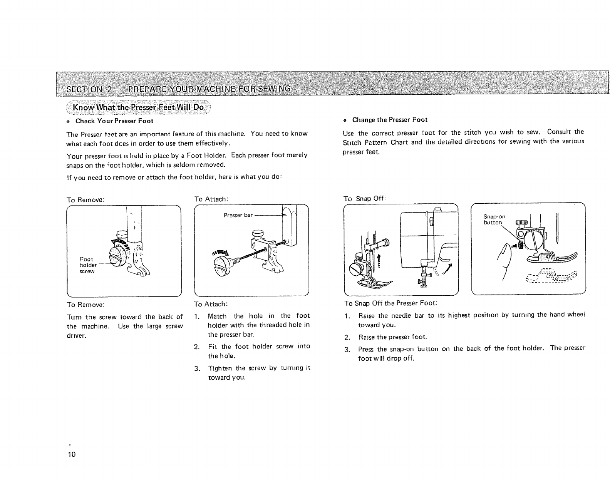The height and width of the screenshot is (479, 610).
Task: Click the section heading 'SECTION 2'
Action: (89, 90)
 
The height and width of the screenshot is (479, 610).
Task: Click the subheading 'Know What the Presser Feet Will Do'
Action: (138, 107)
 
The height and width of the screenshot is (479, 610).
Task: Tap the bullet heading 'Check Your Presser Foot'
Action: (114, 121)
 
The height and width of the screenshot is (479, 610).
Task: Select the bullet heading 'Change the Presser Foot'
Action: (389, 120)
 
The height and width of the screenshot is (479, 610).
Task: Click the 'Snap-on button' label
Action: (494, 219)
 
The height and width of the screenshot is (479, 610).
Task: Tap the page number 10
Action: (72, 454)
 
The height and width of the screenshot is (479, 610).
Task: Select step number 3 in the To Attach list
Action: (197, 368)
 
